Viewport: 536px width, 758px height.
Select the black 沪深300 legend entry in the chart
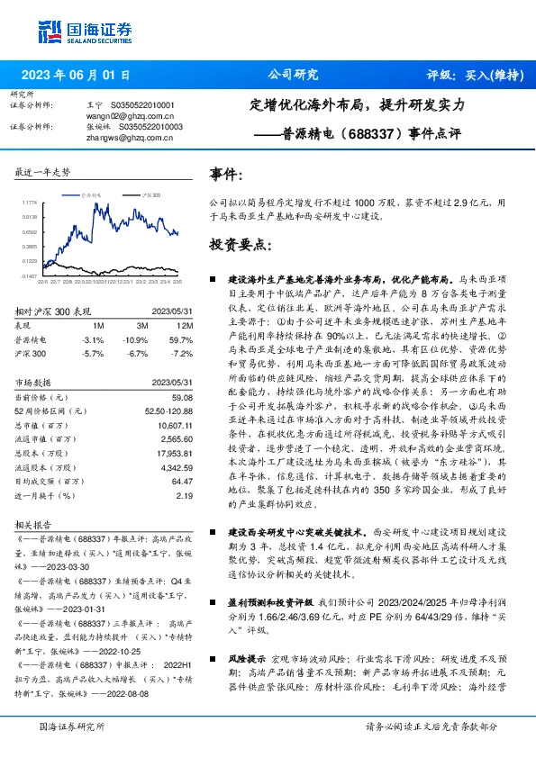point(150,194)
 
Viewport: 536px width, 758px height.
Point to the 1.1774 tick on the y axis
point(29,203)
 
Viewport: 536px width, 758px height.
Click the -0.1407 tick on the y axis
point(29,275)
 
